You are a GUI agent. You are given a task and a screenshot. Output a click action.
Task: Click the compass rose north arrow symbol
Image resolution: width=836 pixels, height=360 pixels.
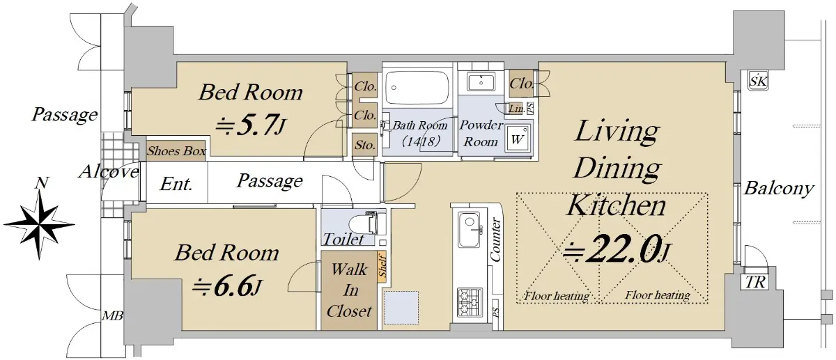[39, 223]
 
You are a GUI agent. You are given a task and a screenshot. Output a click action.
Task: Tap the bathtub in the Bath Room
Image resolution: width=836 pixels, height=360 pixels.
[417, 88]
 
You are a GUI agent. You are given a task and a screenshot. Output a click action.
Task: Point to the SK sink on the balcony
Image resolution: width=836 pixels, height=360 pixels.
[758, 81]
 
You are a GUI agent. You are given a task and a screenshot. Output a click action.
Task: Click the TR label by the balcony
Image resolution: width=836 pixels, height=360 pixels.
[755, 283]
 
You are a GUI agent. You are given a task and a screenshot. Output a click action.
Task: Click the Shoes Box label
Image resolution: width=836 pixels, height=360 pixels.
[176, 151]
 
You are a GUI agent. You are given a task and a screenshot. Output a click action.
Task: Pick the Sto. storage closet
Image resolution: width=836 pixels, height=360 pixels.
[364, 145]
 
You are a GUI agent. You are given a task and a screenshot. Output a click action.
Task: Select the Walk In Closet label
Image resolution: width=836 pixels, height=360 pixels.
[349, 290]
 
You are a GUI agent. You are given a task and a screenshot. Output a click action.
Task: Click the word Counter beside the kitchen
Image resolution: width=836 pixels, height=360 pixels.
[495, 240]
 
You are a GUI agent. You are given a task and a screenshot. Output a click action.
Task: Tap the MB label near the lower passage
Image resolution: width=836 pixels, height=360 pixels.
[113, 316]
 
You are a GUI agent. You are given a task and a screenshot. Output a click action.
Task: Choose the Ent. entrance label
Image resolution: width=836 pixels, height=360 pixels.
[176, 184]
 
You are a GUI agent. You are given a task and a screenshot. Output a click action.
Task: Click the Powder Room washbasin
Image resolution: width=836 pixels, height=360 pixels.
[481, 82]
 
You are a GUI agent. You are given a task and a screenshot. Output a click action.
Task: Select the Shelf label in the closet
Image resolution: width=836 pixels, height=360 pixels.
[382, 265]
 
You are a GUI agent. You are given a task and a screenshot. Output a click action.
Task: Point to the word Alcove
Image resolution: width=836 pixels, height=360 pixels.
[109, 171]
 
